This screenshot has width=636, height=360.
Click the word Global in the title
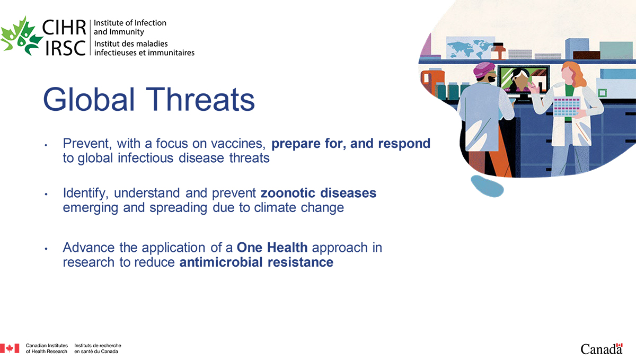(90, 99)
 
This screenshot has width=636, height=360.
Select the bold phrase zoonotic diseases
(318, 193)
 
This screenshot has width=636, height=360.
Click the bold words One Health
(272, 248)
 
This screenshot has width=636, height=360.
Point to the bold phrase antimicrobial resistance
(257, 262)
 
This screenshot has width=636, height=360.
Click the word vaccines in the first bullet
(240, 144)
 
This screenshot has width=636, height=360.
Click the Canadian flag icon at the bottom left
(10, 348)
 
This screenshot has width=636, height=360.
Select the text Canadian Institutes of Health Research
(47, 348)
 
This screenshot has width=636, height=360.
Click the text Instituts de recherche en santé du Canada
(98, 348)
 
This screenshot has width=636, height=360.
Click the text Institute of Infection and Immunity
(130, 27)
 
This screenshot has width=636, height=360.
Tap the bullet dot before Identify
(47, 195)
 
